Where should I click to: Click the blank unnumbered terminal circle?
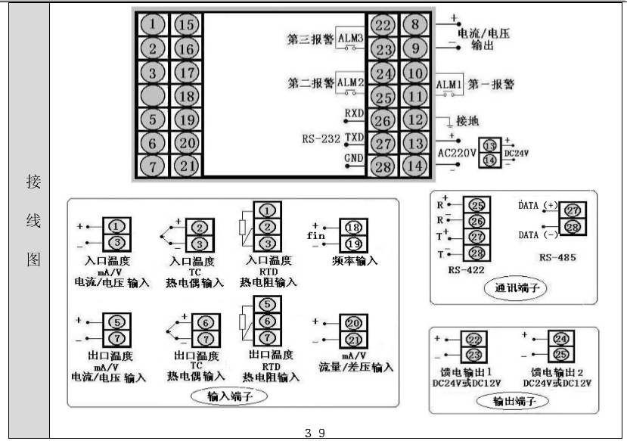point(154,96)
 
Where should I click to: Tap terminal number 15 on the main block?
point(186,26)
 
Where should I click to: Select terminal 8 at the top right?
point(414,25)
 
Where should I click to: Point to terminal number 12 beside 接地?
point(414,119)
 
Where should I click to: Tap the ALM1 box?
point(449,84)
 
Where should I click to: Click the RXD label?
point(354,113)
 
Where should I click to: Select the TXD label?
point(354,137)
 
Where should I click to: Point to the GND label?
point(354,157)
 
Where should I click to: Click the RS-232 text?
point(321,138)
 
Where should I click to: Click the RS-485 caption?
point(557,257)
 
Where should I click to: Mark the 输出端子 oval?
point(512,402)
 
